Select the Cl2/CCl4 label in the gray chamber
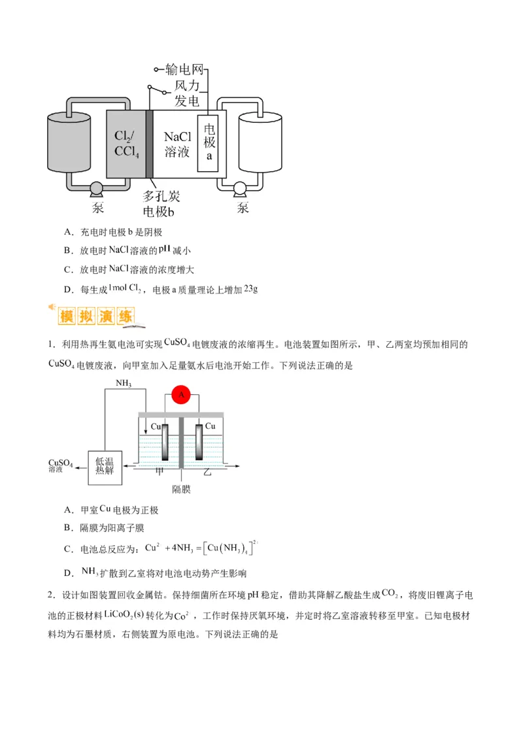(x=126, y=144)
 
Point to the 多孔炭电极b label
(x=162, y=203)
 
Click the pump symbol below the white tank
(x=240, y=190)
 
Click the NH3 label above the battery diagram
(x=124, y=383)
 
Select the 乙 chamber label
(x=207, y=471)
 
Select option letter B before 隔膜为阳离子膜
(x=67, y=528)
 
